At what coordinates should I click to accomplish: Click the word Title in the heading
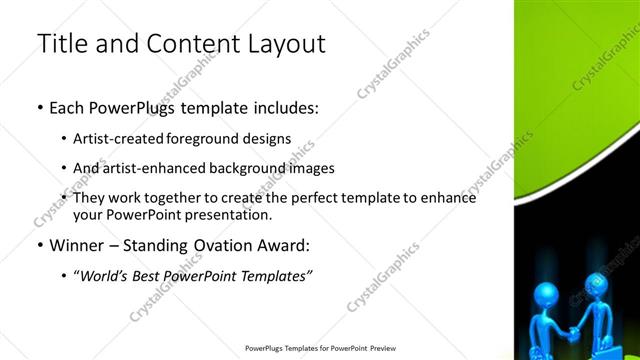pyautogui.click(x=59, y=44)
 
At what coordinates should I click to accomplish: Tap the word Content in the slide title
pyautogui.click(x=187, y=44)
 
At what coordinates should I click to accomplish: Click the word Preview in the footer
pyautogui.click(x=395, y=348)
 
